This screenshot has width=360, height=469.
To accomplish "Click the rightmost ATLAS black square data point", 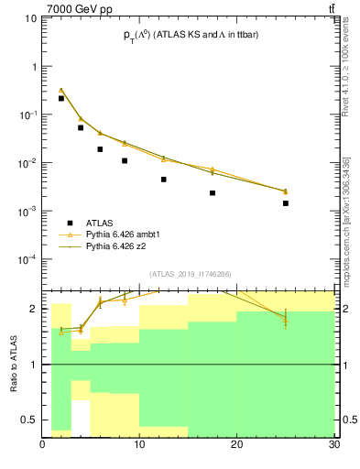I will [286, 203].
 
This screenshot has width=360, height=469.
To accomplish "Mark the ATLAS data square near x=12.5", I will [164, 180].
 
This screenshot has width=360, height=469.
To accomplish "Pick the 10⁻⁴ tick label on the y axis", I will [27, 259].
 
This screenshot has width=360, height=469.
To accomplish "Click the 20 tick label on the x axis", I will [237, 446].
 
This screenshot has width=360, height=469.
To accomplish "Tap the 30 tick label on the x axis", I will [333, 446].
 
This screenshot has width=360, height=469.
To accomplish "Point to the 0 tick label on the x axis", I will [43, 446].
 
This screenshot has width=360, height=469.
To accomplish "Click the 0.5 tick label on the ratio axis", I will [29, 420].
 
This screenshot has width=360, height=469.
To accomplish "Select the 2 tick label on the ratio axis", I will [35, 309].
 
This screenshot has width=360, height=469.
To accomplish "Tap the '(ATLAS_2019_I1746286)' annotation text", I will [189, 274].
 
